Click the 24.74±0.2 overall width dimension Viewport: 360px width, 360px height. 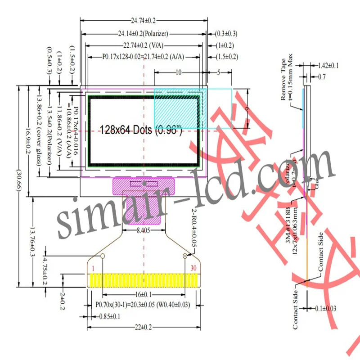click(x=144, y=21)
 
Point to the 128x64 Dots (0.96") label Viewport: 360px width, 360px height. click(x=141, y=130)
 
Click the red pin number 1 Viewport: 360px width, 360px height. click(x=93, y=269)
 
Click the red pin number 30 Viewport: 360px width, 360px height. click(x=193, y=269)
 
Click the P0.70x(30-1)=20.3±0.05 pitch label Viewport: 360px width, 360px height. click(x=143, y=305)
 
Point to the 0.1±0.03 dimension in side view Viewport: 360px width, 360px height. click(x=325, y=308)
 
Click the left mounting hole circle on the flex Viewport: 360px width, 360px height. click(x=103, y=256)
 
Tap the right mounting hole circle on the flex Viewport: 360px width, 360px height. click(x=185, y=256)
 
